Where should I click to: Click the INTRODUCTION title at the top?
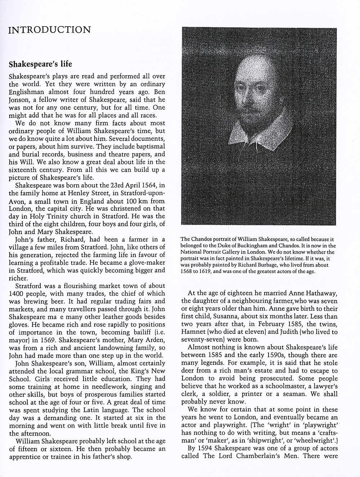(49, 29)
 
